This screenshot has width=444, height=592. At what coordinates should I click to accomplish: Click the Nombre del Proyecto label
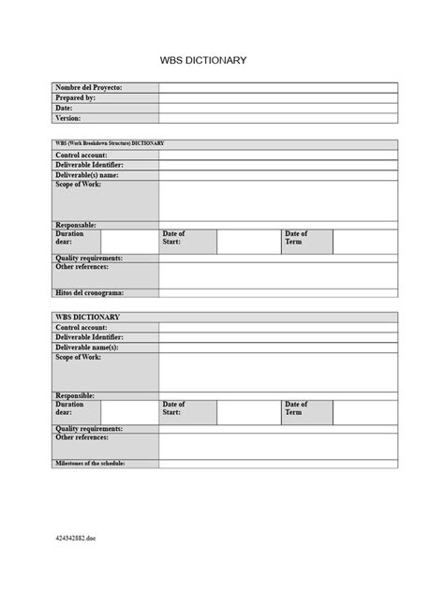(89, 88)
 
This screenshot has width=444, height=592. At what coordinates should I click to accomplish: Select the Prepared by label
(76, 97)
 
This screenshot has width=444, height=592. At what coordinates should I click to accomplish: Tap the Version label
(68, 118)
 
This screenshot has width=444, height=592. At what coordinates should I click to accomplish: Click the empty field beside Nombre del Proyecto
(277, 88)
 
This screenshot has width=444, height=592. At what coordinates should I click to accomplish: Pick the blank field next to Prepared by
(277, 97)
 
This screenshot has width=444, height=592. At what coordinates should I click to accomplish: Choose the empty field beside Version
(277, 118)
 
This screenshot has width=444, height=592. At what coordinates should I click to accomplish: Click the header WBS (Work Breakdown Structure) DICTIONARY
(111, 143)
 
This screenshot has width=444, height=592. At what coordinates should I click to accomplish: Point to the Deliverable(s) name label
(87, 175)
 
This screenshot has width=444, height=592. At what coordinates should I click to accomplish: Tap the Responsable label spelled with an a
(77, 225)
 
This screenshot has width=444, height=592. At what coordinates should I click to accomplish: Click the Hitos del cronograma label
(90, 293)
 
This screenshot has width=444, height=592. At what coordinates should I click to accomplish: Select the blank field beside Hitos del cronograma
(277, 293)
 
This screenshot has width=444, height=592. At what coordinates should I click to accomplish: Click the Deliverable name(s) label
(87, 348)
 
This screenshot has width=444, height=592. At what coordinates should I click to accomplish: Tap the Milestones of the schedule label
(90, 464)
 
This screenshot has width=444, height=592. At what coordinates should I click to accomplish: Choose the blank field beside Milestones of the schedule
(277, 464)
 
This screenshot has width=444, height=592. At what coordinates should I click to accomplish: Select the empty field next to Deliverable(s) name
(277, 175)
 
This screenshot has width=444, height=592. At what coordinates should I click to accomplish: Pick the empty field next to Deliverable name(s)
(277, 348)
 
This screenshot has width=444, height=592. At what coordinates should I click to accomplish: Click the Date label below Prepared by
(65, 108)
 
